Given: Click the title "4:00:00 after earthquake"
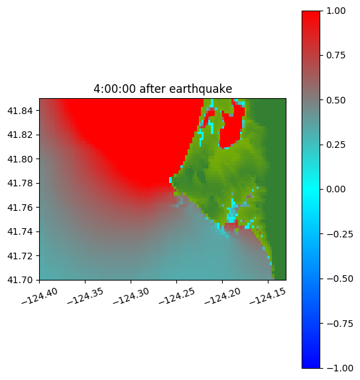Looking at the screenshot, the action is click(163, 89).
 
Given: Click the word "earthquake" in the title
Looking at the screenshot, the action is click(201, 89).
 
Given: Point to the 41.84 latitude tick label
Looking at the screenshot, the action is click(20, 111).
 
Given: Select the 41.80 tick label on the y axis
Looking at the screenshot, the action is click(20, 159).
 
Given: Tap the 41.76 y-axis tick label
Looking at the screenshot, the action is click(20, 208).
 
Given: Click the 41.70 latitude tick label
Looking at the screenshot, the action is click(20, 280).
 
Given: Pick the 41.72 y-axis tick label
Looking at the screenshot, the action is click(20, 256).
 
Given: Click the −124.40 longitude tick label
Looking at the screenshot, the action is click(40, 296).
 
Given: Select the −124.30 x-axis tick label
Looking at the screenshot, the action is click(131, 296).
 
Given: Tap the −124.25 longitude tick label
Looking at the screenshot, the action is click(177, 296).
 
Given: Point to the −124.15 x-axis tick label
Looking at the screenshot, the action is click(268, 296).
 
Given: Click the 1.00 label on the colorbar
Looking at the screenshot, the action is click(335, 11).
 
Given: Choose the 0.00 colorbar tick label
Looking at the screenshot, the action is click(335, 189).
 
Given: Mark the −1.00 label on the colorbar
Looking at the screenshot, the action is click(340, 368).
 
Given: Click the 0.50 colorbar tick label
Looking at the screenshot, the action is click(335, 100).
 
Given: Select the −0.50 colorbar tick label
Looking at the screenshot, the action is click(340, 279).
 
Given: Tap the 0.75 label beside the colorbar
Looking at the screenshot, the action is click(335, 56).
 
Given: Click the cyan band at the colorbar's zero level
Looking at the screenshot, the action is click(311, 190).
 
